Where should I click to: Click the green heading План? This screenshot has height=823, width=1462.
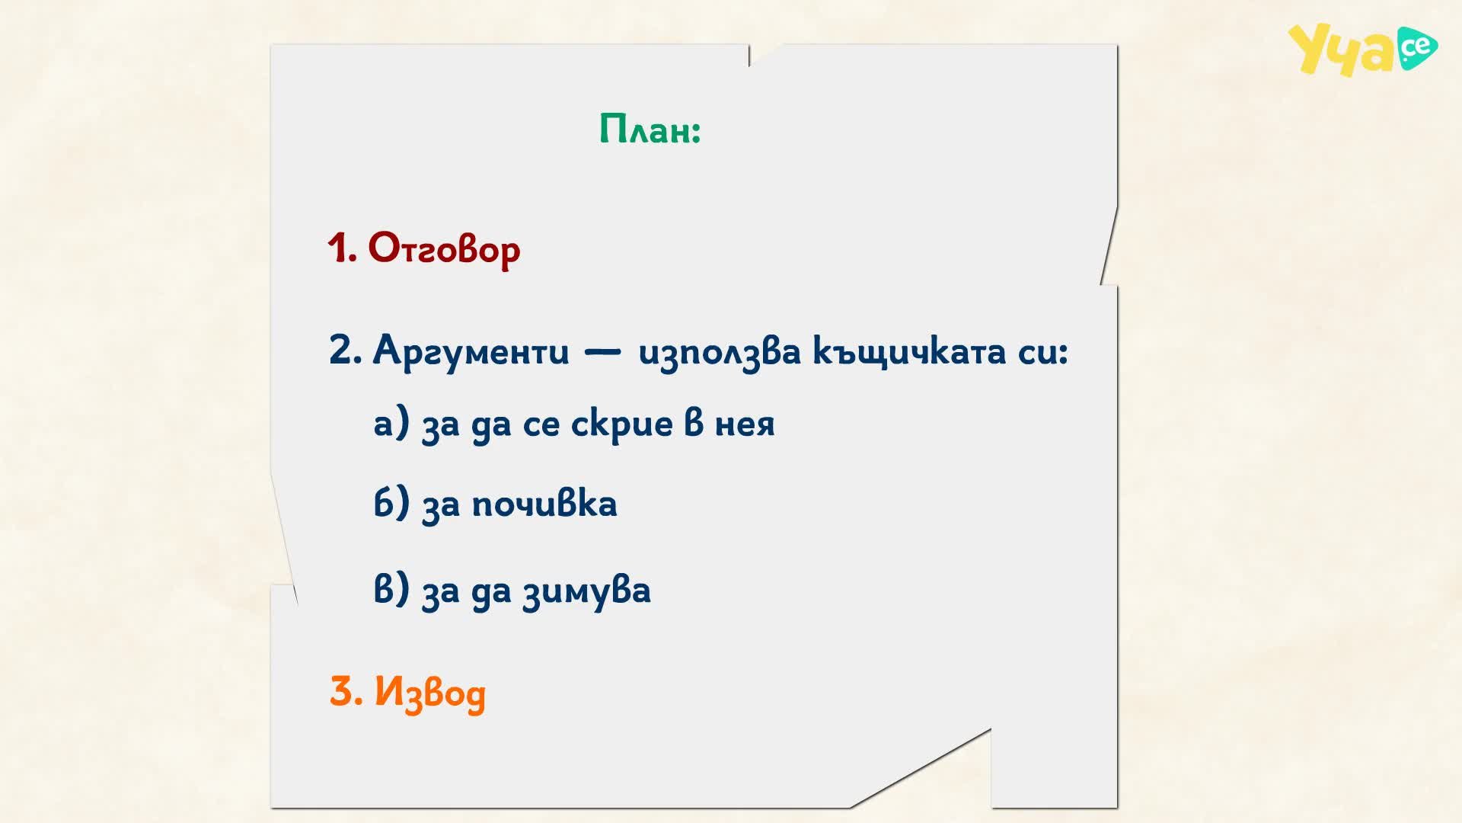coord(650,129)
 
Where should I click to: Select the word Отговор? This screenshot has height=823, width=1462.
coord(444,248)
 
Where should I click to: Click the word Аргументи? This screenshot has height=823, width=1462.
coord(471,352)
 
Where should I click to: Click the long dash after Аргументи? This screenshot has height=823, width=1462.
coord(602,353)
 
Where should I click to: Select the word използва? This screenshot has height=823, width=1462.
coord(720,353)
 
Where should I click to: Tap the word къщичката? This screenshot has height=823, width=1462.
coord(910,352)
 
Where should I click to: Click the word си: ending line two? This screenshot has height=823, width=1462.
coord(1043,353)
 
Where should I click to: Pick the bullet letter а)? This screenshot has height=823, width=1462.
coord(391,424)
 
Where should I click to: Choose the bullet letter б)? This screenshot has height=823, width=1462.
coord(391,503)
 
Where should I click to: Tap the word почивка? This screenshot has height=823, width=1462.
coord(544,504)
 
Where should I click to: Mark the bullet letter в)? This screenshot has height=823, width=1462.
coord(391,589)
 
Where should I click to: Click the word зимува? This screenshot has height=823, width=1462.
coord(586,591)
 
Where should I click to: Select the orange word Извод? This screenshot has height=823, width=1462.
coord(429,693)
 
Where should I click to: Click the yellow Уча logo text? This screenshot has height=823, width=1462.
coord(1342,51)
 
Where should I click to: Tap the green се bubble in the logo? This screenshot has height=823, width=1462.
coord(1417,48)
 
